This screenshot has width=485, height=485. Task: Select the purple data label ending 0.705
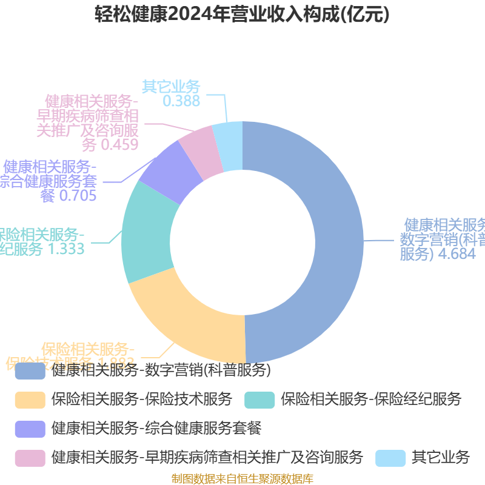point(52,180)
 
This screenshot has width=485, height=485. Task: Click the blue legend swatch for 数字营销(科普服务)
point(30,370)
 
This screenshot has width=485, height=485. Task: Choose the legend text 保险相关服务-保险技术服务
point(142,399)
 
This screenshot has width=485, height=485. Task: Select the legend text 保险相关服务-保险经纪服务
point(370,399)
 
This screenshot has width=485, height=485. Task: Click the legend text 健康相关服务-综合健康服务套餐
point(156,428)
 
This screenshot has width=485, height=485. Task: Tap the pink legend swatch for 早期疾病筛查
point(30,458)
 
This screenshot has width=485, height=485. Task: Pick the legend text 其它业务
point(441,457)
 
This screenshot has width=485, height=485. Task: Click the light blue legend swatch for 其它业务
point(390,458)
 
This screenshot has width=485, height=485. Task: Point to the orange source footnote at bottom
point(242,479)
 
